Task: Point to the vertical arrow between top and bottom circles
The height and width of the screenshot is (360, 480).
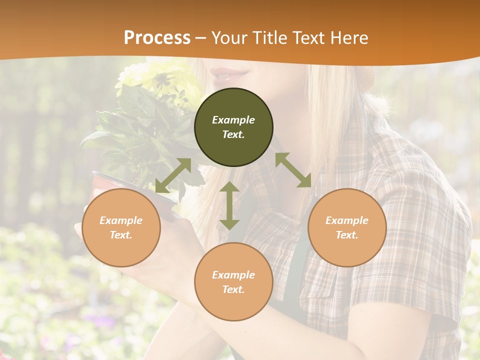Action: click(x=229, y=205)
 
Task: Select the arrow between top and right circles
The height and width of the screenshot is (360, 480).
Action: click(x=293, y=169)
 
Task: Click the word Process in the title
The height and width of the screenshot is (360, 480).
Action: click(x=157, y=37)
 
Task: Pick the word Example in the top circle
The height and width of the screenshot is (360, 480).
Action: click(x=233, y=120)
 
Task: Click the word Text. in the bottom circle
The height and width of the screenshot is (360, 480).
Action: click(x=233, y=289)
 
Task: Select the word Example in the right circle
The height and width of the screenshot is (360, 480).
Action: click(x=347, y=220)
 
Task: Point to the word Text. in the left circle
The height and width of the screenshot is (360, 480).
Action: click(x=121, y=235)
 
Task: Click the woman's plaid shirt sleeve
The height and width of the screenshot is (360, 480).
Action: click(x=425, y=240)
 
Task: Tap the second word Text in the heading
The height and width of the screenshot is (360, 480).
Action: click(x=306, y=37)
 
